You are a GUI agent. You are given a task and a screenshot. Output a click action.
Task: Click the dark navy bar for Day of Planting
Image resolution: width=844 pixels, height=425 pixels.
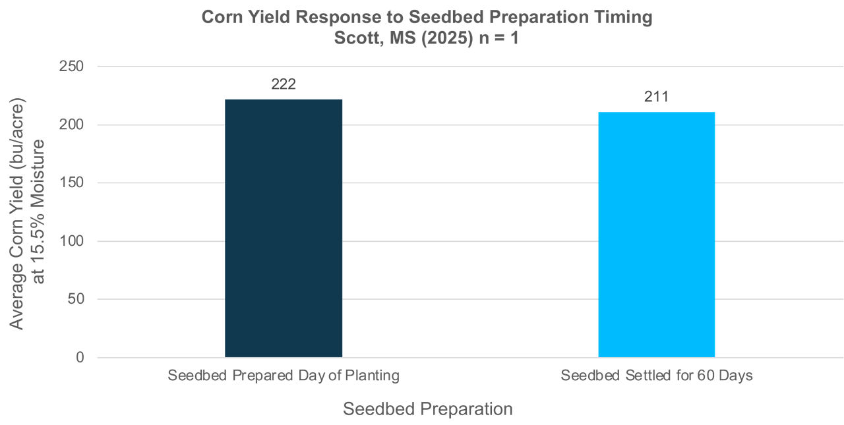pos(284,228)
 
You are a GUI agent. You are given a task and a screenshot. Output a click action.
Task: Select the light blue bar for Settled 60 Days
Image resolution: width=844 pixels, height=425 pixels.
pos(656,235)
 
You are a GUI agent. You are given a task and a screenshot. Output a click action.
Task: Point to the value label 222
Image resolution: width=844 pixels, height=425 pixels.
pos(284,84)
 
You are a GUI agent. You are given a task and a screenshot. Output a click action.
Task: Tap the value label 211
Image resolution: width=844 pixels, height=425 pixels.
pos(656,98)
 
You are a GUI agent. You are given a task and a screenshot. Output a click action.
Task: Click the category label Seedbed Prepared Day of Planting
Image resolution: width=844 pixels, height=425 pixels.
pos(284,376)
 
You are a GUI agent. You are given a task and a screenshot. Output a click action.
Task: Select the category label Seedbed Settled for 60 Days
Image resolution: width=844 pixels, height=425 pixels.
pos(656,376)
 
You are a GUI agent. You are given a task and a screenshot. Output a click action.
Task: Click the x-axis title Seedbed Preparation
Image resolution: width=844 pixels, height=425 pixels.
pos(427,409)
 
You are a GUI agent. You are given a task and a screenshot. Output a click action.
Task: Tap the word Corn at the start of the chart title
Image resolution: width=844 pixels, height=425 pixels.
pos(222,18)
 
